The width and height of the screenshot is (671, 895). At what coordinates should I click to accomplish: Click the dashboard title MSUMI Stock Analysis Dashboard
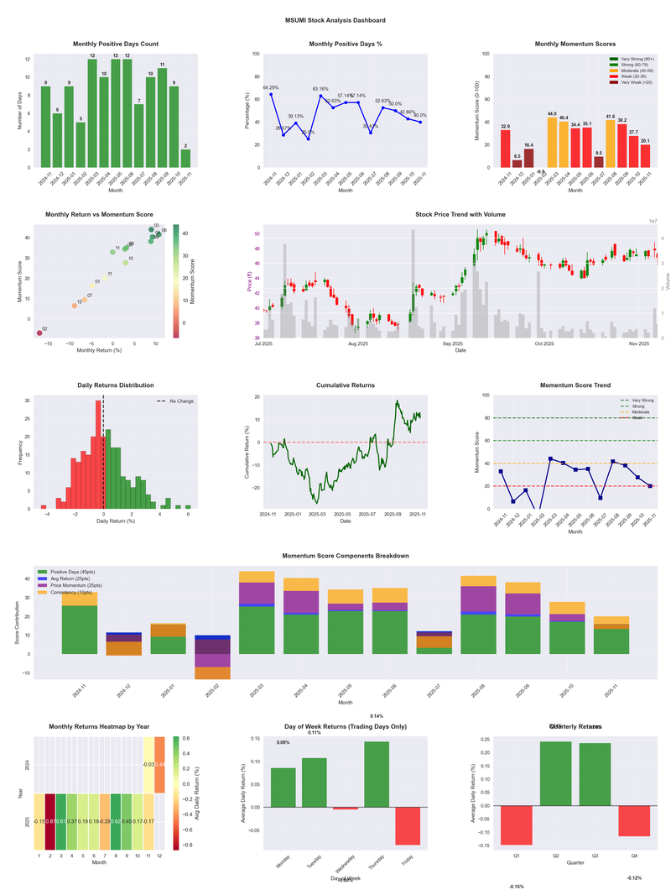pyautogui.click(x=335, y=19)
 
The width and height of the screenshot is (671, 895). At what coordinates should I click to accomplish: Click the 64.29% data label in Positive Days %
pyautogui.click(x=270, y=87)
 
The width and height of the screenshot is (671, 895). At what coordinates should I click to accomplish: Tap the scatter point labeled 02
pyautogui.click(x=39, y=333)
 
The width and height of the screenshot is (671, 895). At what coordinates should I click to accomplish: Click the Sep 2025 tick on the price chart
pyautogui.click(x=452, y=343)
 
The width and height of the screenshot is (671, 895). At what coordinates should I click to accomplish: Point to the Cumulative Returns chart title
pyautogui.click(x=345, y=385)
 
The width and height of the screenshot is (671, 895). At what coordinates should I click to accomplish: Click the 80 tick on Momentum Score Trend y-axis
pyautogui.click(x=486, y=418)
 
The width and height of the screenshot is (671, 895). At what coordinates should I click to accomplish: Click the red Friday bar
pyautogui.click(x=408, y=825)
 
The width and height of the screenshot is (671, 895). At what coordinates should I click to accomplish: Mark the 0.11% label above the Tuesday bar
pyautogui.click(x=314, y=733)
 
